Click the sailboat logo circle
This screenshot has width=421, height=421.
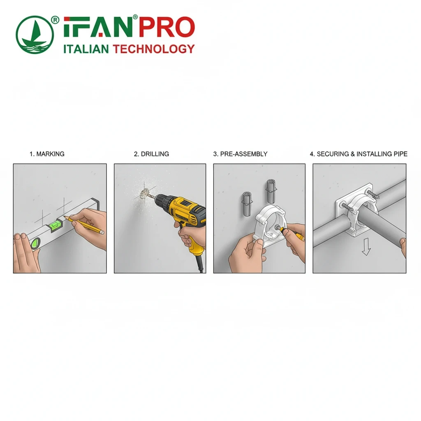click(x=35, y=35)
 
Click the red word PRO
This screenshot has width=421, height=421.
click(x=167, y=27)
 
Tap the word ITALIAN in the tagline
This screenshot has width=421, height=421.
click(x=86, y=49)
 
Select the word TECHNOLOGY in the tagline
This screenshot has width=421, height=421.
click(x=154, y=49)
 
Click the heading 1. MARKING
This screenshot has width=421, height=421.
click(x=47, y=154)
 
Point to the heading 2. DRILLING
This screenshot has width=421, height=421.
click(x=151, y=154)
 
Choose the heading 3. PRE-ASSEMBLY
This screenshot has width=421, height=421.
click(x=240, y=154)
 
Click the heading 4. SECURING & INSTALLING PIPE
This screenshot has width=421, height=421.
click(x=359, y=154)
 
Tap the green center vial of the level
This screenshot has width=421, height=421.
click(x=56, y=225)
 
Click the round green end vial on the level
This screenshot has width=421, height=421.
click(x=35, y=243)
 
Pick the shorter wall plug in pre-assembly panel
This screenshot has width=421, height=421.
click(x=247, y=204)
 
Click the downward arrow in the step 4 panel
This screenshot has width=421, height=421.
click(x=366, y=247)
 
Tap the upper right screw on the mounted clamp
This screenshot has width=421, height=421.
click(x=373, y=194)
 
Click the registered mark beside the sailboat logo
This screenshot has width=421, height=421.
click(x=55, y=20)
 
